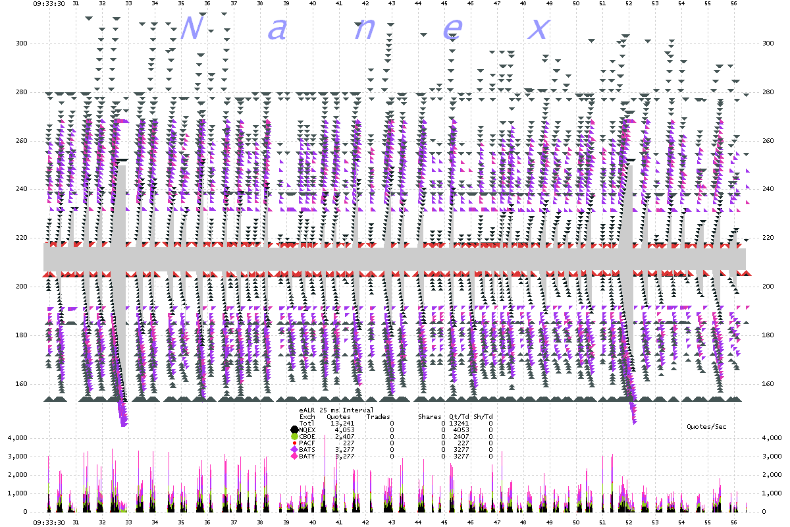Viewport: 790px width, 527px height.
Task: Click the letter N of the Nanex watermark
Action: [190, 28]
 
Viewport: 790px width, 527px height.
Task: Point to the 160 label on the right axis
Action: [768, 383]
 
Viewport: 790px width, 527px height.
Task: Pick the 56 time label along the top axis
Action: [734, 3]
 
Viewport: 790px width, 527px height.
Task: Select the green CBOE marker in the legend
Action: [294, 436]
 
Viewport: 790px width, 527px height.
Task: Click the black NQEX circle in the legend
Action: [294, 430]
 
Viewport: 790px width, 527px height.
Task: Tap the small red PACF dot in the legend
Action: [294, 443]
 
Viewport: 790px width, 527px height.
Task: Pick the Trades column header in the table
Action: [378, 416]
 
